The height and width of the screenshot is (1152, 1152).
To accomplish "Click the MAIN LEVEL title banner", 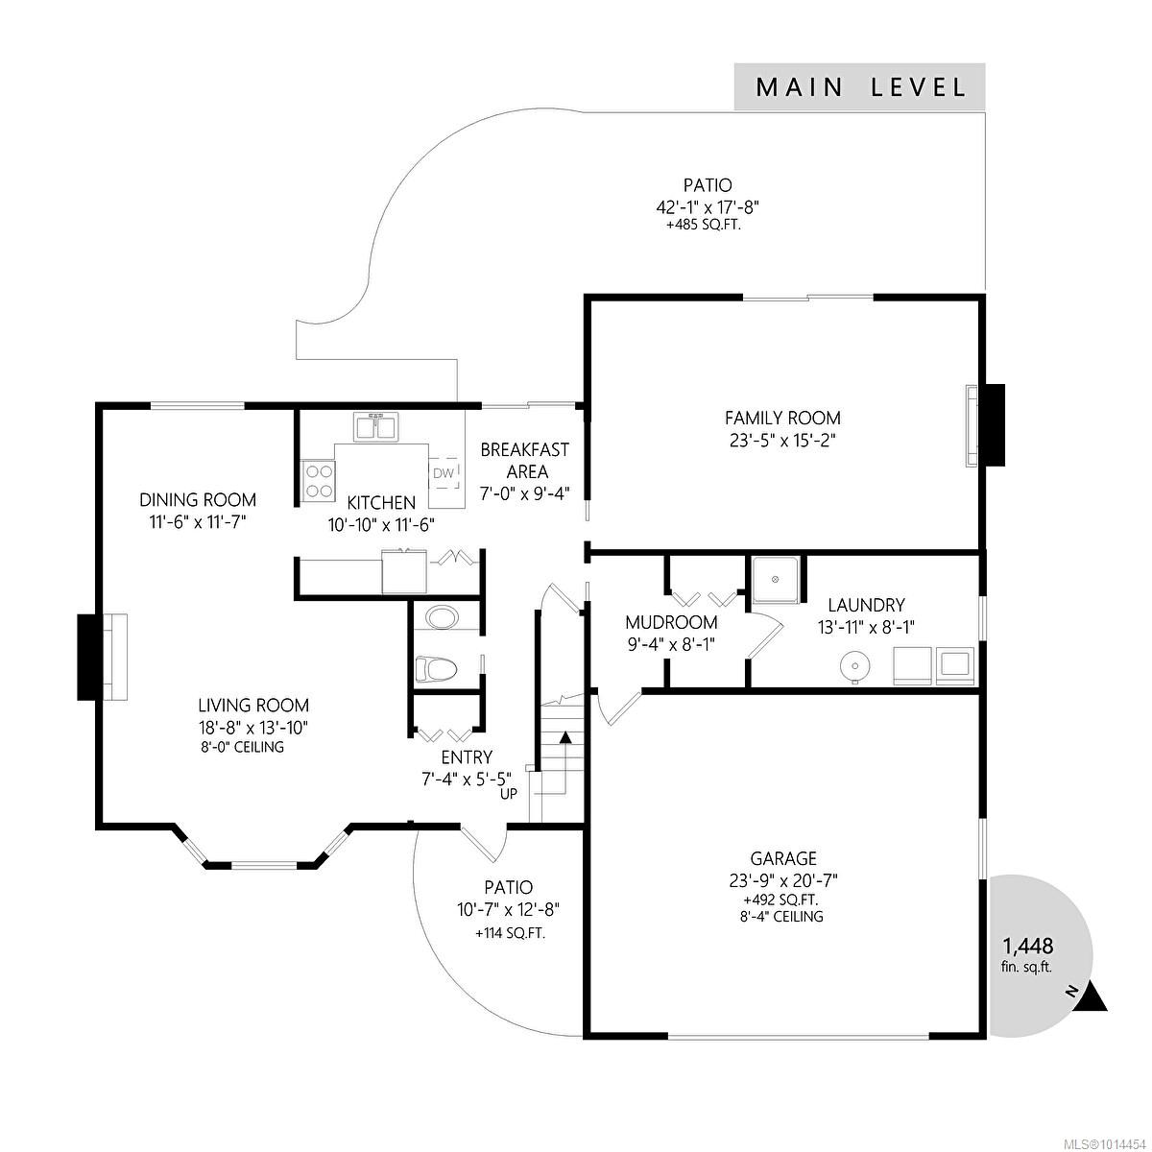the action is [859, 86].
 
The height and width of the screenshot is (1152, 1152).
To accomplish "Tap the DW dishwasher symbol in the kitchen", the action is [444, 473].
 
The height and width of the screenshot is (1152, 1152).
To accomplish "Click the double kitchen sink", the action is [376, 427].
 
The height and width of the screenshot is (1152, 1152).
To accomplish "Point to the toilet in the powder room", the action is [436, 668].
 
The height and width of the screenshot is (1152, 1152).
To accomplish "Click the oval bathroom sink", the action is [443, 617].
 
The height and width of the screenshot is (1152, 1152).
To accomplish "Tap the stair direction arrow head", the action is [564, 736].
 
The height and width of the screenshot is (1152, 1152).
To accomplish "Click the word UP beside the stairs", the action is [508, 794].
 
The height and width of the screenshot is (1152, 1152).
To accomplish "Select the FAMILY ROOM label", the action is [782, 418].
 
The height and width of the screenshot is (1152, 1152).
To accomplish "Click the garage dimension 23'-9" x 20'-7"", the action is [783, 880].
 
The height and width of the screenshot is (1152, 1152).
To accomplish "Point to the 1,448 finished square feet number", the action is [1027, 946].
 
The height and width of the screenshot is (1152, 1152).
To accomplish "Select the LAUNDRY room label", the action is [866, 605].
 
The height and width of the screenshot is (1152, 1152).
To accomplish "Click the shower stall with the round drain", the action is [776, 580].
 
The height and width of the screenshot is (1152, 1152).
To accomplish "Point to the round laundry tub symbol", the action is [855, 664].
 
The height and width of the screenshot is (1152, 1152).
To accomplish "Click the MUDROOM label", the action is [671, 622].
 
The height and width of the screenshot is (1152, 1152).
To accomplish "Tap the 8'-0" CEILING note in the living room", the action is [241, 747].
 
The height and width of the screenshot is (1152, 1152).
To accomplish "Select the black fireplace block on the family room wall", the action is [995, 424].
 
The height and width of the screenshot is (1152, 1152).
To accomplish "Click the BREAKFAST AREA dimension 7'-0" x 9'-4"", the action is [525, 493].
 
